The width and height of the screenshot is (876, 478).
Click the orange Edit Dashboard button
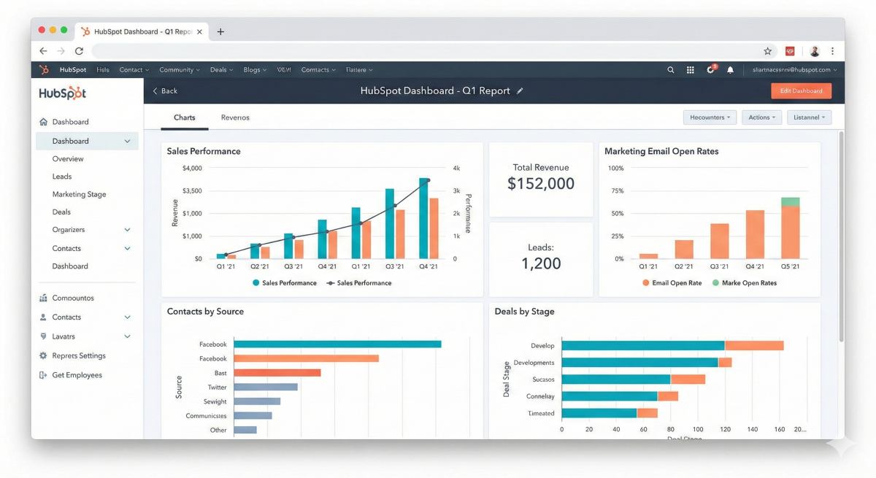click(801, 90)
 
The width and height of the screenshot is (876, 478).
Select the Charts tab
click(185, 117)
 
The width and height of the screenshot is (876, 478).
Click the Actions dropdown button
click(762, 117)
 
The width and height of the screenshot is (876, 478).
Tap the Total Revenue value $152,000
click(541, 184)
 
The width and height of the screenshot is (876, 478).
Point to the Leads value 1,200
click(541, 263)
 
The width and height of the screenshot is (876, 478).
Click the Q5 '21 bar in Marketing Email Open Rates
click(790, 230)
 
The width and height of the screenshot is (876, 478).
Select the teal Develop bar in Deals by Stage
click(642, 346)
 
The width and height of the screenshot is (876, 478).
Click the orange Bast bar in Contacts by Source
click(277, 373)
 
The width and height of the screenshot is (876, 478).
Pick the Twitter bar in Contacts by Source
click(266, 388)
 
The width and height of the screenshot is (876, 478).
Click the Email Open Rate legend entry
click(672, 283)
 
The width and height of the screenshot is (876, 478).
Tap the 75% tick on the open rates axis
click(617, 191)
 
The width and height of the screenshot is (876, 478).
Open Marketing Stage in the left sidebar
click(79, 195)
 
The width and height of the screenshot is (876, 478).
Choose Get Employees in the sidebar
click(77, 375)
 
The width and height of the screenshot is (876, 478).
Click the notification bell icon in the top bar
click(730, 70)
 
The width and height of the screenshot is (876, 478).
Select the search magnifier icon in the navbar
click(671, 70)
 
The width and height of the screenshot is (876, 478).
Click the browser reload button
click(79, 51)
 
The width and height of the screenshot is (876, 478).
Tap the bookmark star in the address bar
click(767, 51)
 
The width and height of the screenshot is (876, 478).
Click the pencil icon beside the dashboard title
click(520, 91)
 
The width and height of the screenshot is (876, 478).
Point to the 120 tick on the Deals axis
click(724, 429)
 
